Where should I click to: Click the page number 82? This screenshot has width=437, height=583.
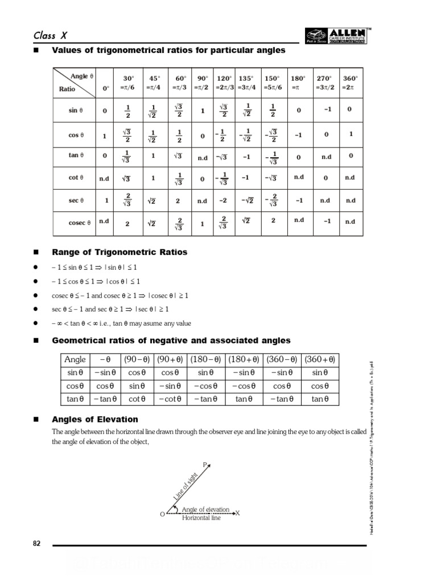point(37,544)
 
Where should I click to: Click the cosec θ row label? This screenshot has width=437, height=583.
point(80,223)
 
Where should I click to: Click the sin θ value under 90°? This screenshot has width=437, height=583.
point(202,111)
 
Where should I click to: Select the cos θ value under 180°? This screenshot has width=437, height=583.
point(299,136)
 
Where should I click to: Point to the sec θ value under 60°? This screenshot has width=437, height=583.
point(178,200)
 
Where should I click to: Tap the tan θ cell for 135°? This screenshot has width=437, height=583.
point(246,155)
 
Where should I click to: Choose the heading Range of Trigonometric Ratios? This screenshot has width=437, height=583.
point(119,252)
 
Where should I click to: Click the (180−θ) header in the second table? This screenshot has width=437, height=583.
point(207,359)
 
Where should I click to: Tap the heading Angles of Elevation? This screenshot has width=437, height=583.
point(94,420)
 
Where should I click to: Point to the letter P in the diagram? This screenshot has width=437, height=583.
point(204,465)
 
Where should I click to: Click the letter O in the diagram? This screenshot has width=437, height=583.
point(162,514)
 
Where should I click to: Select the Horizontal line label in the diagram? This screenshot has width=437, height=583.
point(201,518)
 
